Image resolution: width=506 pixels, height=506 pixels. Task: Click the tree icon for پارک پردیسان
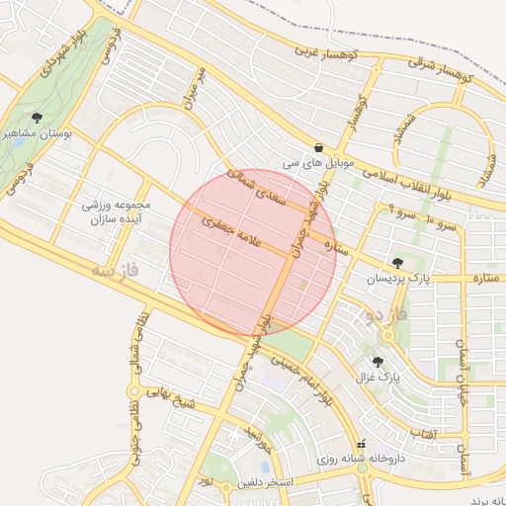point(397,263)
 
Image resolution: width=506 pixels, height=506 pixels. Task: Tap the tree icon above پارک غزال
point(378,362)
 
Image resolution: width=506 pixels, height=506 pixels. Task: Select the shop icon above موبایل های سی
point(319,145)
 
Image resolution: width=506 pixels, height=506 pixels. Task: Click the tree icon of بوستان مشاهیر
point(37,119)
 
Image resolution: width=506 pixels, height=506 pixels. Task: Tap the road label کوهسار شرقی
point(442,69)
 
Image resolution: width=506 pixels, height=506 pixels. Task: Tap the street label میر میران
point(192,88)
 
